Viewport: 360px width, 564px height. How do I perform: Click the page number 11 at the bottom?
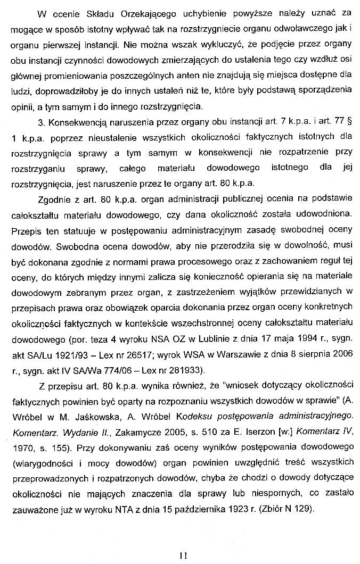click(183, 555)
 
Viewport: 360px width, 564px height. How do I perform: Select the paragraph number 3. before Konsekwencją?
click(43, 123)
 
